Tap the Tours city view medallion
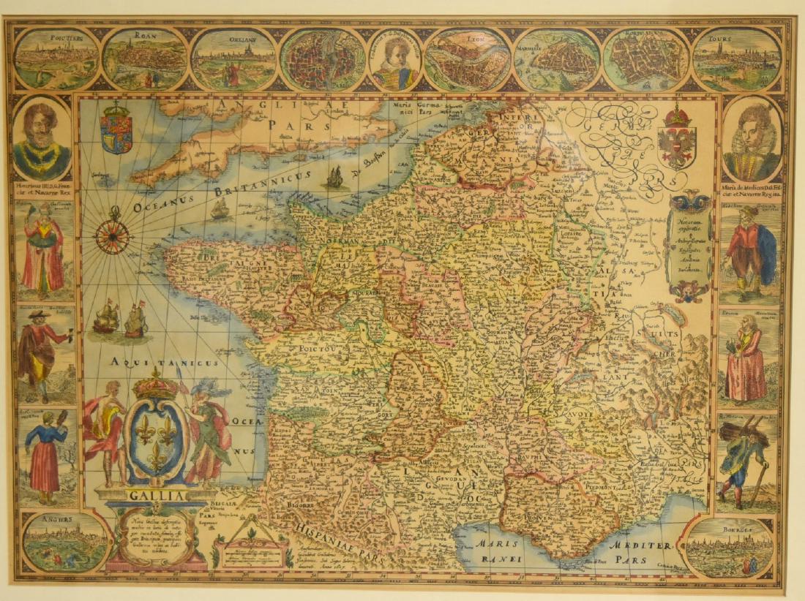(x=737, y=58)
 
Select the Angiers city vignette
(x=64, y=541)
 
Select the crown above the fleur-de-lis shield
(x=155, y=385)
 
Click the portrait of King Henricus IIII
(x=42, y=139)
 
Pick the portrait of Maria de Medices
(x=752, y=139)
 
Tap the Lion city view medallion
(x=468, y=58)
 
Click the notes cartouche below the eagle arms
(x=688, y=245)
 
